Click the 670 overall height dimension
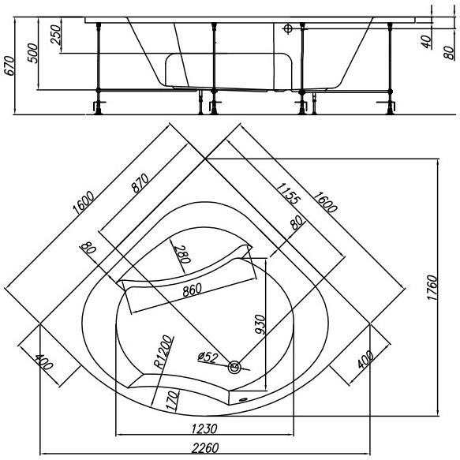click(9, 65)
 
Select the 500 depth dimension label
click(33, 53)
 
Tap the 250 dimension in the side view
click(55, 35)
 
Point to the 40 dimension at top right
click(428, 42)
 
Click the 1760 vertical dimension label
click(432, 287)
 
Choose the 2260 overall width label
click(205, 448)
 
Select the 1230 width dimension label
click(204, 429)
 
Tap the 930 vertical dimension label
click(260, 324)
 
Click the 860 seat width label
click(193, 290)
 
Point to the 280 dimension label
click(182, 254)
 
